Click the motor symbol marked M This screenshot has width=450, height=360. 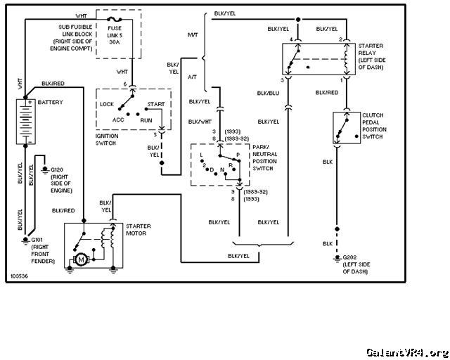click(82, 260)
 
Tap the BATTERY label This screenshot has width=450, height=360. click(50, 102)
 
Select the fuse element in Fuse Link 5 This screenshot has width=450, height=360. click(114, 20)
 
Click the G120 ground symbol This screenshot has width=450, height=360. click(45, 170)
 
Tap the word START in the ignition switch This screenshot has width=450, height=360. click(156, 104)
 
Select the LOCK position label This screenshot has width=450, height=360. click(107, 104)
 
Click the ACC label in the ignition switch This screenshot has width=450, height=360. click(118, 120)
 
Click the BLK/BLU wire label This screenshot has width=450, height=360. click(268, 93)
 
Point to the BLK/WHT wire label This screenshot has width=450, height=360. click(200, 122)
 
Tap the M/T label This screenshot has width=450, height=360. click(193, 34)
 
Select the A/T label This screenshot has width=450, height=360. click(192, 77)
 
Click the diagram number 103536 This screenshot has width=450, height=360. click(19, 276)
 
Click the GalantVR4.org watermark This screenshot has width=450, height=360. click(407, 352)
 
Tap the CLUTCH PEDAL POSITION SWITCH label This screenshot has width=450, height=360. click(374, 126)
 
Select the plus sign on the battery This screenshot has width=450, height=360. click(30, 102)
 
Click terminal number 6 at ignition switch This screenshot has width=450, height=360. click(125, 84)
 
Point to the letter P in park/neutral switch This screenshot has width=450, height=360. click(238, 155)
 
